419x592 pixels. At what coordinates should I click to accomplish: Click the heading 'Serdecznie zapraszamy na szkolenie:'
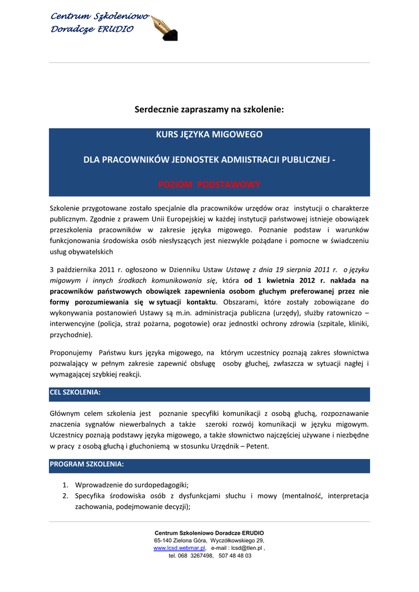(209, 109)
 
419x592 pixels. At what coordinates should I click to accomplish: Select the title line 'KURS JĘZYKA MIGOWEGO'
(209, 134)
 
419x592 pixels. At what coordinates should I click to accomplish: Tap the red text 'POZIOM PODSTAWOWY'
(209, 184)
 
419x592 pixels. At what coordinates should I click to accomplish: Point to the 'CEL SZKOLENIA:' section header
(76, 393)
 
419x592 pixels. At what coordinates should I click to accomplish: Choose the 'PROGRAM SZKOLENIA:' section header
(87, 464)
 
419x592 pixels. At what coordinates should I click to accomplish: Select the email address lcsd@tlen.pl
(247, 547)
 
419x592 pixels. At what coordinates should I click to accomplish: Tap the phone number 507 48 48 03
(235, 556)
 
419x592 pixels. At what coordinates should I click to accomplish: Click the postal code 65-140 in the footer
(157, 540)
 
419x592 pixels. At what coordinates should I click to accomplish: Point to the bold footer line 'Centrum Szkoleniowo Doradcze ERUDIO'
(209, 532)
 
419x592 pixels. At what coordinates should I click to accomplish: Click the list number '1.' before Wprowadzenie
(66, 485)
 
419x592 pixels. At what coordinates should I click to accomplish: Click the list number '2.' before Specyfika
(66, 496)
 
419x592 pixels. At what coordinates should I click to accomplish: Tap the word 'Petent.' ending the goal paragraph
(255, 446)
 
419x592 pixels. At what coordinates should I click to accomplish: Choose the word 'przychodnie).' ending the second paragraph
(71, 335)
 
